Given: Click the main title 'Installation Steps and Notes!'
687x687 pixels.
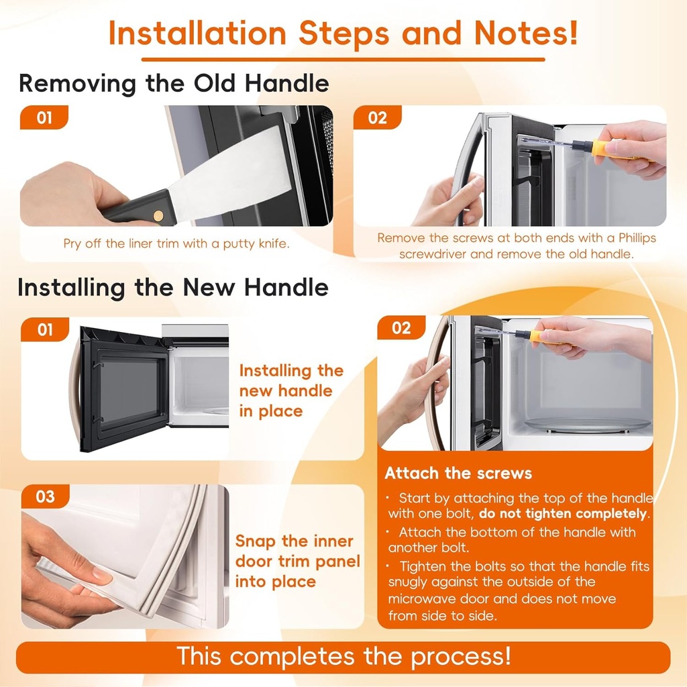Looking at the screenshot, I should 343,33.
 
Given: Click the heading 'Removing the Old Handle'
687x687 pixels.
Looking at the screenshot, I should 174,84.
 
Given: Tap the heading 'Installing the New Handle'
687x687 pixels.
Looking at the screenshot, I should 173,287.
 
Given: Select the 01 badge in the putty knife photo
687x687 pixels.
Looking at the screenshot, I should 44,118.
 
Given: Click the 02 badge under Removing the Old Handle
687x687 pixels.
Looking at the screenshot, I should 378,118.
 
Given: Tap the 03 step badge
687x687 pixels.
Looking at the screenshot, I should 45,497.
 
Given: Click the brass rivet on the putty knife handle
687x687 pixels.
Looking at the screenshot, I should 158,215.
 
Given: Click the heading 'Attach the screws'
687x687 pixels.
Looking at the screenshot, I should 458,473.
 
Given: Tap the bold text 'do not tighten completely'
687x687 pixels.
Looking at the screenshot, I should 563,515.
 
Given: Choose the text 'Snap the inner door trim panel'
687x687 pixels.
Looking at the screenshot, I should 297,551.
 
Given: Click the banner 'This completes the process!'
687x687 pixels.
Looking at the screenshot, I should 343,656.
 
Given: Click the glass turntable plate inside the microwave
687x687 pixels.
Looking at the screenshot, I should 587,424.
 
